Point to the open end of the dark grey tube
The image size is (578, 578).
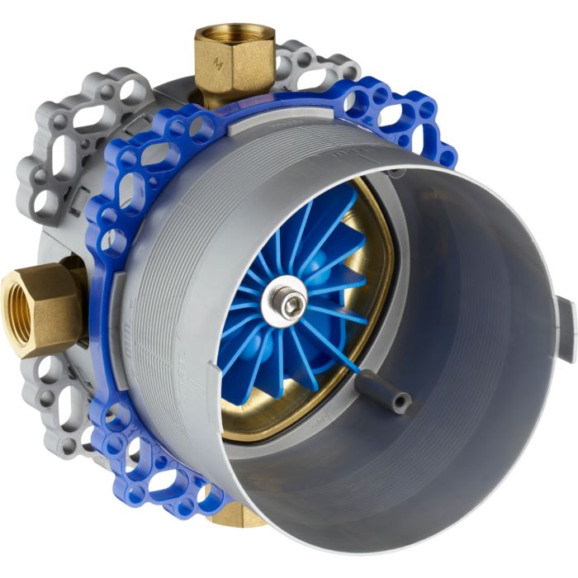(402, 402)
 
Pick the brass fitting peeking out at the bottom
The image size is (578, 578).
(240, 518)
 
